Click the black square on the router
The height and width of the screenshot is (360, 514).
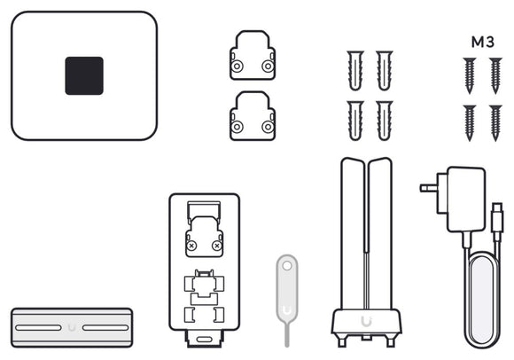point(84,75)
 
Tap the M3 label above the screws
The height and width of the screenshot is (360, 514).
point(482,42)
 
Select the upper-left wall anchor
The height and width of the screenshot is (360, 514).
point(355,70)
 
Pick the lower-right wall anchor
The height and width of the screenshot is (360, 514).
point(385,121)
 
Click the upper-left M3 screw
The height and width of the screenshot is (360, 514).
point(470,75)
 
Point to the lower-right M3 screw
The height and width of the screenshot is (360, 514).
point(495,123)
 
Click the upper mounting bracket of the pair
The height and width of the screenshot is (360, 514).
point(253,55)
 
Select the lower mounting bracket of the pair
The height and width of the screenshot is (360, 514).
point(253,116)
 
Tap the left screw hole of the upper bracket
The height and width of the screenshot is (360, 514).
point(237,67)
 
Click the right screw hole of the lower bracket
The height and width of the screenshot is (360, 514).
point(268,127)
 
